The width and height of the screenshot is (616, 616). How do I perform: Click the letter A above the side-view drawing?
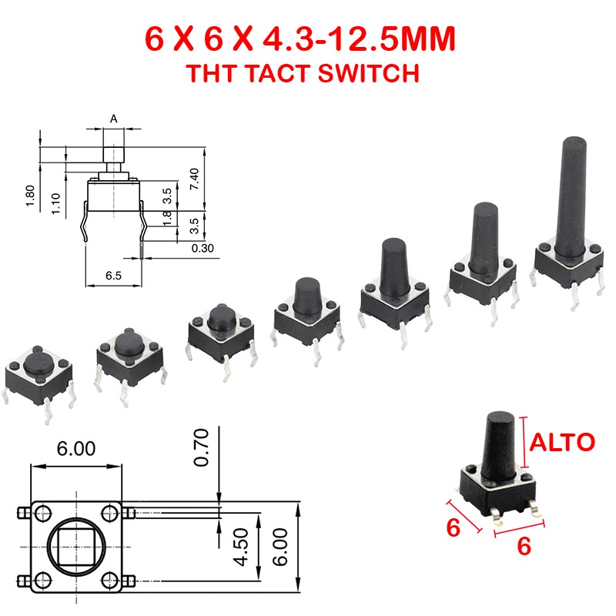pos(114,119)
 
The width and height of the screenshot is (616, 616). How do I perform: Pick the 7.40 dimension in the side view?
pos(195,179)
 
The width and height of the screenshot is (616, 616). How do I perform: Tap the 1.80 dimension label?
pos(31,194)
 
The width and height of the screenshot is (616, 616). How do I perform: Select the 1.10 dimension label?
pos(56,203)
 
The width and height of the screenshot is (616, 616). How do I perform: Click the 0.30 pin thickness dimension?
pos(203,247)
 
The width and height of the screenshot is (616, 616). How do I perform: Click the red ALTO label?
pos(561,443)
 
